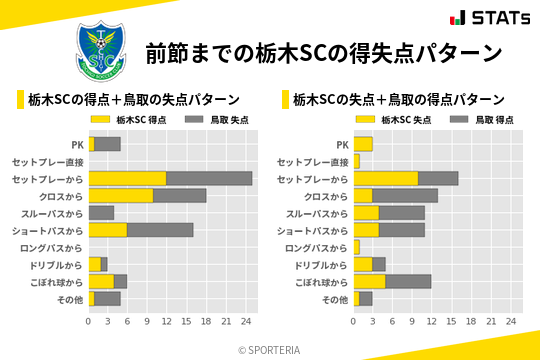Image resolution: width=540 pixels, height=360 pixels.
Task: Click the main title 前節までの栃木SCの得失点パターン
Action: coord(323,52)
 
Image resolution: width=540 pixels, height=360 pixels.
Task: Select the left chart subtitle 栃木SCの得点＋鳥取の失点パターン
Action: coord(133,99)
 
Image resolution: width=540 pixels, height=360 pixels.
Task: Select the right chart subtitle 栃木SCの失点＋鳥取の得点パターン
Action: coord(398,99)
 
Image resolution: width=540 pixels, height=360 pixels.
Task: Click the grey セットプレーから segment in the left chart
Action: coord(209,178)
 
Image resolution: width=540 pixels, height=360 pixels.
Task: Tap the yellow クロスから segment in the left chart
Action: coord(121,195)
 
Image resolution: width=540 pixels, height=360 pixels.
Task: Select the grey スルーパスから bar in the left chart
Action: coord(101,212)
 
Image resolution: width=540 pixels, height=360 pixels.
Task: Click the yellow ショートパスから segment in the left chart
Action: coord(108,230)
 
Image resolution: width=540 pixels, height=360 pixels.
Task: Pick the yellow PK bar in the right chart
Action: coord(363,144)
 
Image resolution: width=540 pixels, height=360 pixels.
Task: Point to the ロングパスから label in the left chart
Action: coord(55,247)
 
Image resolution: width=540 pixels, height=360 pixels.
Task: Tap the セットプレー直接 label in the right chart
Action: coord(312,161)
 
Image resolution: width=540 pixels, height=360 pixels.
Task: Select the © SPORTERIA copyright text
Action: coord(270,349)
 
